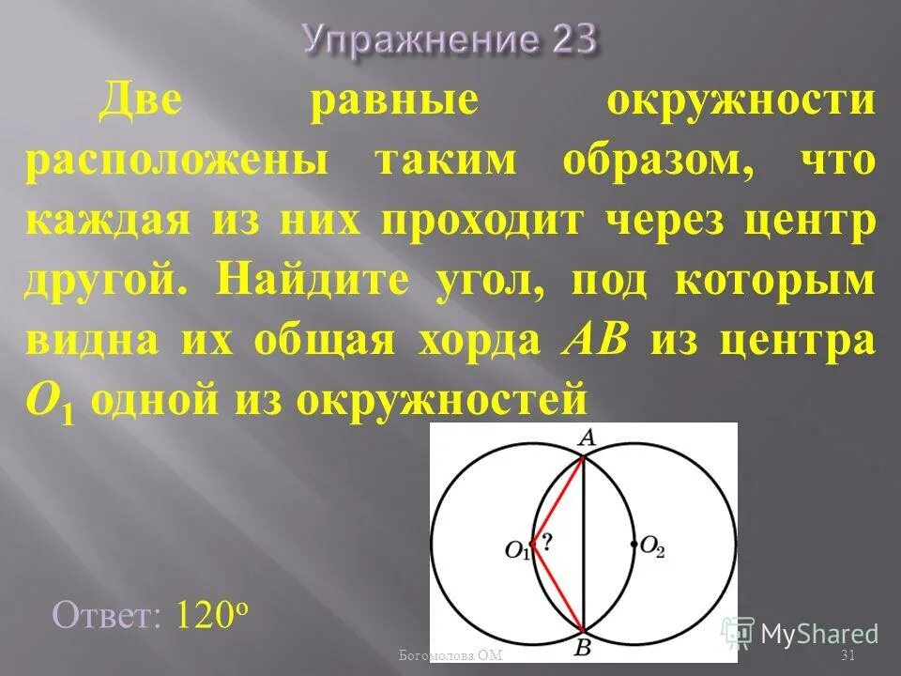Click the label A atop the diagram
tap(587, 438)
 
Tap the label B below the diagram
tap(584, 646)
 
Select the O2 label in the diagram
tap(654, 550)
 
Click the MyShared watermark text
tap(818, 634)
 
